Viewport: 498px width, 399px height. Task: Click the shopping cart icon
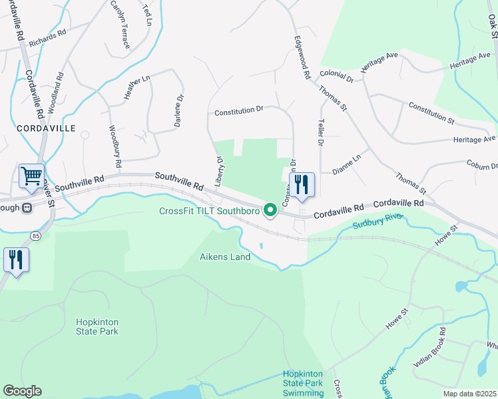(31, 176)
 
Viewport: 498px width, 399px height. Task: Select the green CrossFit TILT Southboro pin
(270, 211)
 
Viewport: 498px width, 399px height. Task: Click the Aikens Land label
(225, 257)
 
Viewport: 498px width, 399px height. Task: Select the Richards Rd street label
(47, 33)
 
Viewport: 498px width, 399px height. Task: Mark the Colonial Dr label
(336, 75)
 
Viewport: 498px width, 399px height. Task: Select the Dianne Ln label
(346, 160)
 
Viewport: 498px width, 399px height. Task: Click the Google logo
(22, 391)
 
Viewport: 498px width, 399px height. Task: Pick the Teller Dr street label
(320, 132)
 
